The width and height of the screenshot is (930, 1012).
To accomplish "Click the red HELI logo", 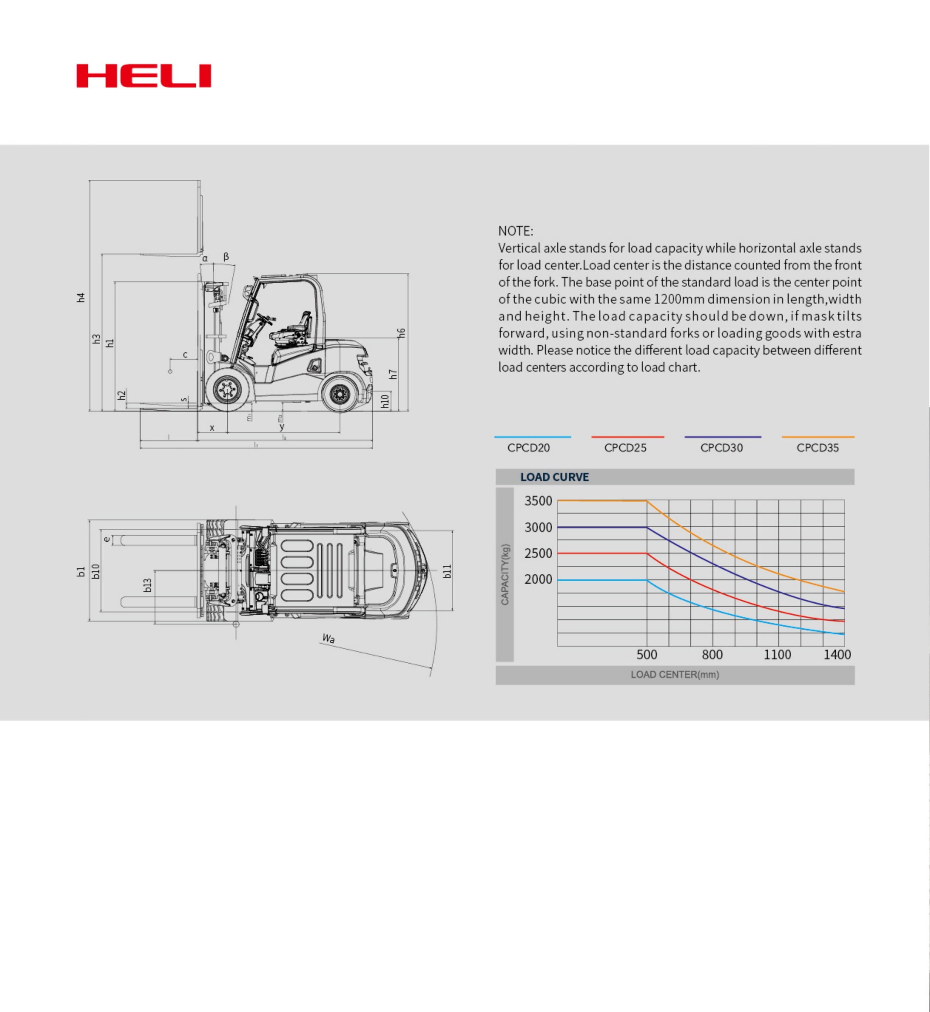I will (x=144, y=76).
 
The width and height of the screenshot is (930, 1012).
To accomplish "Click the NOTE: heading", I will (x=515, y=231).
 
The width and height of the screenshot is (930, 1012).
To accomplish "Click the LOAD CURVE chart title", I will (x=554, y=477).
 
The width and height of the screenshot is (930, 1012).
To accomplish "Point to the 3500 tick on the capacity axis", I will (x=538, y=501).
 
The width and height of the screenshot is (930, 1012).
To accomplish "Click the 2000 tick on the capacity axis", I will (x=538, y=579).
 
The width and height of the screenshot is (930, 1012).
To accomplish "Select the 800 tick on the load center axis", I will (x=712, y=654).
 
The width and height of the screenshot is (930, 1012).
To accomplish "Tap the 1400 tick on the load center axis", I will (x=837, y=654).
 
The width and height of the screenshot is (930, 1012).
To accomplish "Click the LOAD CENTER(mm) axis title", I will (x=674, y=674).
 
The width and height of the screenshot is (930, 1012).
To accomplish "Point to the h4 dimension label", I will (x=81, y=297).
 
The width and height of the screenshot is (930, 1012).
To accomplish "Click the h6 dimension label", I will (x=401, y=333).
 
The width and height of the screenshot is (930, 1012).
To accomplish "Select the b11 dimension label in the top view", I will (x=447, y=571).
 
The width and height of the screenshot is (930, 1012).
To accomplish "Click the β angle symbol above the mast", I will (x=226, y=257).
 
